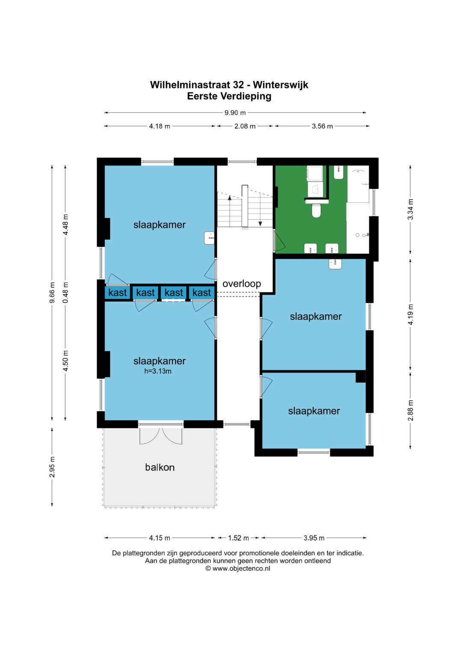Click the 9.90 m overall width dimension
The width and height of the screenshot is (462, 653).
[235, 112]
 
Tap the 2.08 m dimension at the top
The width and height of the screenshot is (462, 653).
[245, 126]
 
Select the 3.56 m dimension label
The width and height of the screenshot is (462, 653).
[322, 126]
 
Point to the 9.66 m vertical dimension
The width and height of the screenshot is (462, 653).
[52, 293]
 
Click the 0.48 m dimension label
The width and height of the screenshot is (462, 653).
[65, 293]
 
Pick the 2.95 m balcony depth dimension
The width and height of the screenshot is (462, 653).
[52, 467]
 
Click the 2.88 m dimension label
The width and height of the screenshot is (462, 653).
[410, 411]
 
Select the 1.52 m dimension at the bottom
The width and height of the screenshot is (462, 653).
[238, 538]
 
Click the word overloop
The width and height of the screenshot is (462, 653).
[242, 284]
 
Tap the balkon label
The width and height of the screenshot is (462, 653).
[160, 467]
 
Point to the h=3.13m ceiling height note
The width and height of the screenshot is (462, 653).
[157, 371]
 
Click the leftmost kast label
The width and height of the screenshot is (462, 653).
[117, 293]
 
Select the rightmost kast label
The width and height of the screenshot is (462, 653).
[201, 293]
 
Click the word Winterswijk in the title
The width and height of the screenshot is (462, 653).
[280, 85]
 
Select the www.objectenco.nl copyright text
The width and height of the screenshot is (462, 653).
[238, 568]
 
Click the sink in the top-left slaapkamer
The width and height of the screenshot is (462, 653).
[209, 238]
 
